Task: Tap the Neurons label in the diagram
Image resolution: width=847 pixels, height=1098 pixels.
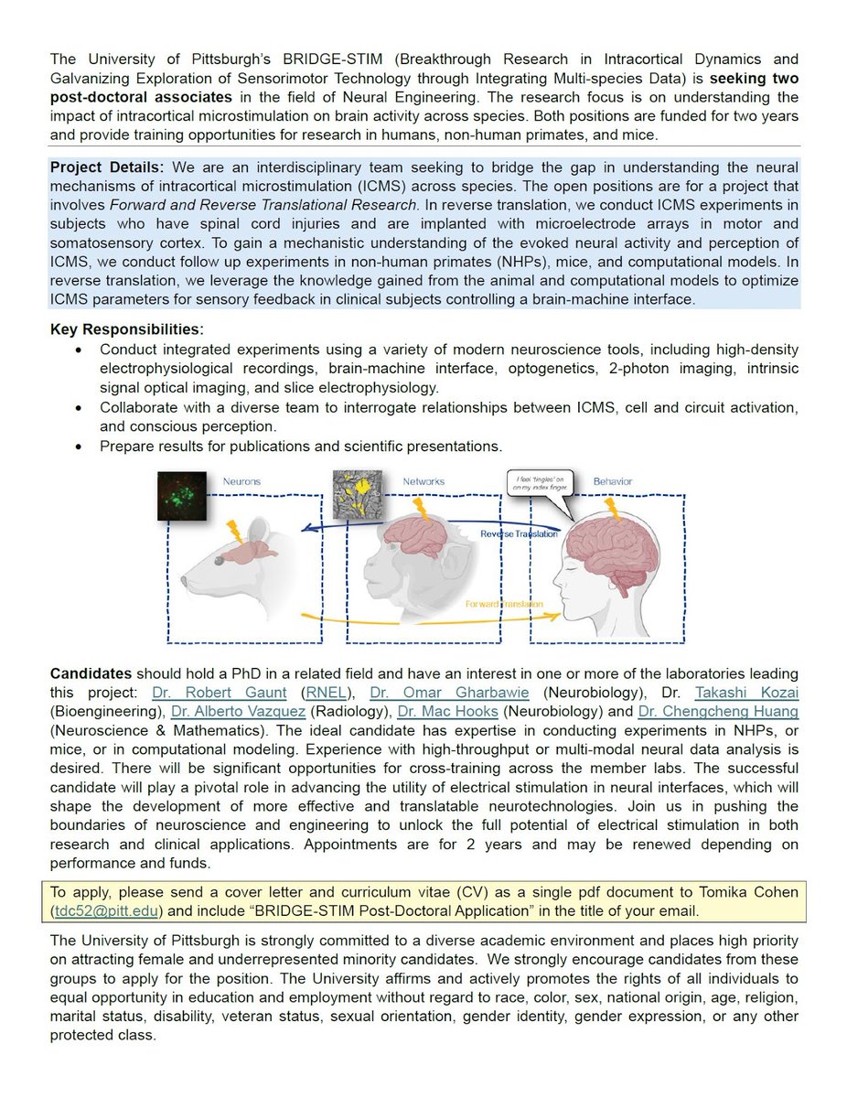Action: (x=241, y=481)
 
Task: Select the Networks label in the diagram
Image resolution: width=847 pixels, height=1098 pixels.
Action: (x=423, y=481)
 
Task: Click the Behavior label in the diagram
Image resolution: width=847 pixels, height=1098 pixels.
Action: (x=612, y=481)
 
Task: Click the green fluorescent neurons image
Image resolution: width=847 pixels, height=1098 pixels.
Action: (x=182, y=495)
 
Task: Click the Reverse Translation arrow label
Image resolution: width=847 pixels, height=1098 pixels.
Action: (x=519, y=533)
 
